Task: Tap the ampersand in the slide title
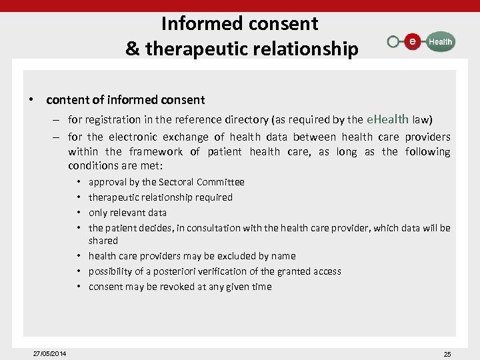pos(132,49)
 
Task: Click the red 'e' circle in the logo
pos(413,42)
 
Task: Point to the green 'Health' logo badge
pos(439,42)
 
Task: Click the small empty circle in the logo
pos(393,42)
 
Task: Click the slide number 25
pos(447,354)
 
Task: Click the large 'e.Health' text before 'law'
pos(388,119)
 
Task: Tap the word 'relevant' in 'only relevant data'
pos(129,213)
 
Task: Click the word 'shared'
pos(103,241)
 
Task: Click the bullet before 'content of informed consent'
pos(31,100)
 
